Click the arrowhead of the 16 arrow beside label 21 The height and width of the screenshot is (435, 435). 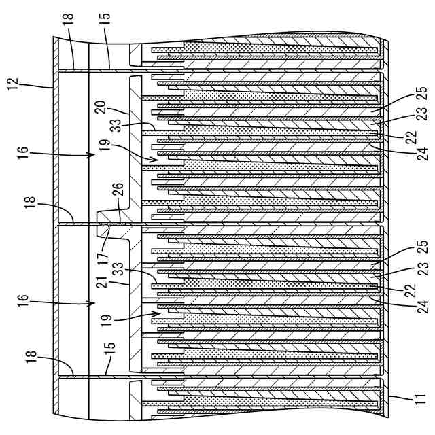pyautogui.click(x=93, y=306)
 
